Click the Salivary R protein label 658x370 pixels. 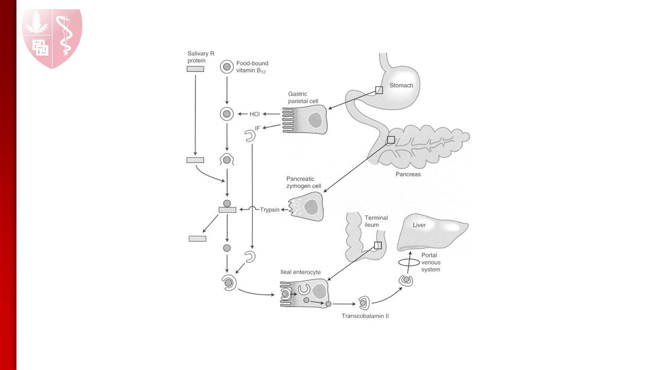[x=197, y=57]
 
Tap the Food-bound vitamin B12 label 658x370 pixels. [x=252, y=67]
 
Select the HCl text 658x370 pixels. [x=255, y=114]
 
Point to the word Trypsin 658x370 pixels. [x=270, y=210]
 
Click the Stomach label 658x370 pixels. [x=401, y=85]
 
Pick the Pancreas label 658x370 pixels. [x=408, y=174]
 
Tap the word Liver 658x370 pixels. [x=419, y=225]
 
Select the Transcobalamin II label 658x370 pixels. [x=365, y=316]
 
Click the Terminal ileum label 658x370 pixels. [x=376, y=221]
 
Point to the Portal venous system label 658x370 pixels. [x=431, y=262]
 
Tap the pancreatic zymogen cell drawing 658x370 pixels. [x=307, y=206]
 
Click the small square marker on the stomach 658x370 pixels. [x=379, y=90]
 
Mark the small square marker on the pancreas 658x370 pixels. [x=390, y=140]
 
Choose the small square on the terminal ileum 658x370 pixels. [x=378, y=245]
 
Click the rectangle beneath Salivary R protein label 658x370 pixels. [x=195, y=69]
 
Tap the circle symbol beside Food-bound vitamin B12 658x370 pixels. [x=227, y=66]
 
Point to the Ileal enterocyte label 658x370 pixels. [x=300, y=272]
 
